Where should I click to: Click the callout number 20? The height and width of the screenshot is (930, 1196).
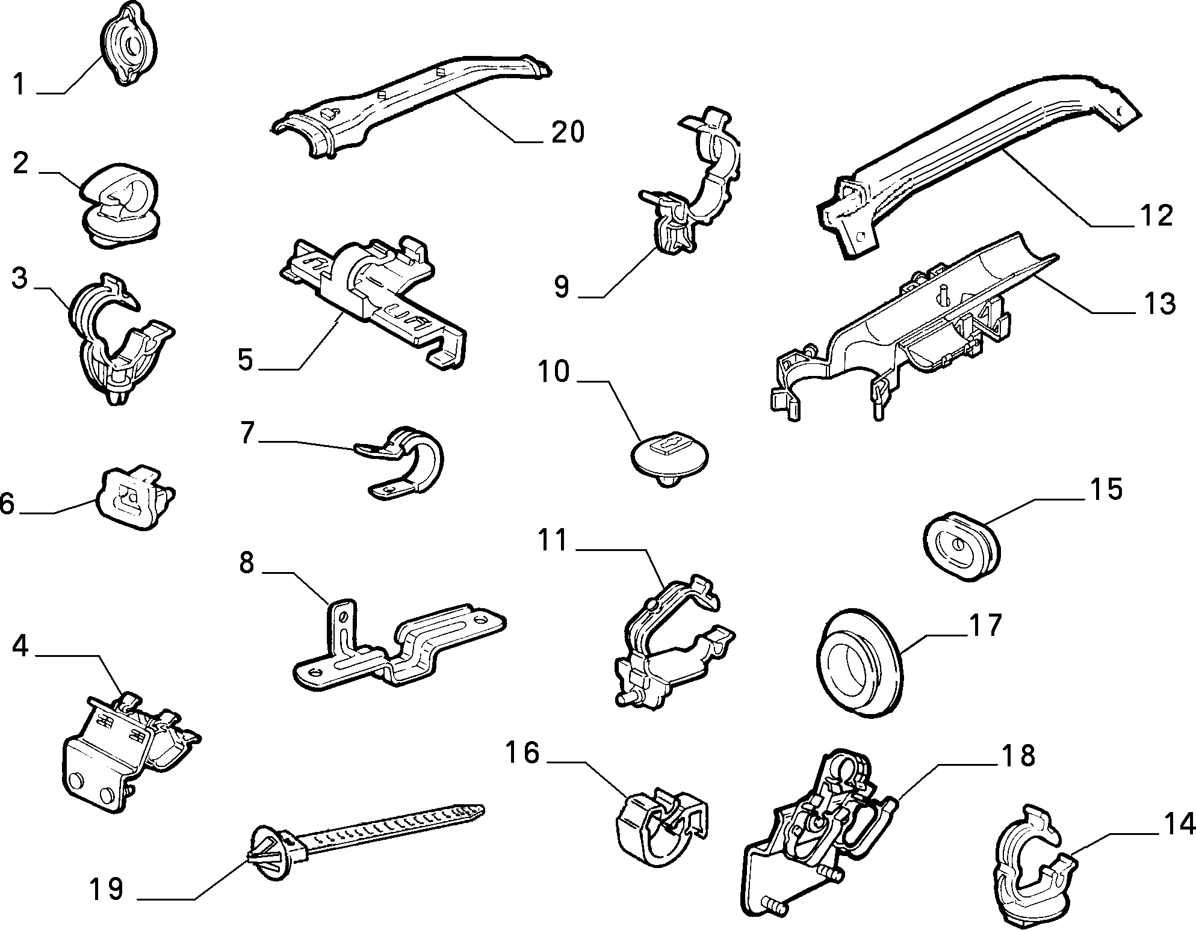click(x=567, y=132)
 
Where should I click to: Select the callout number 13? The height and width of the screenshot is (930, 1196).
click(x=1159, y=303)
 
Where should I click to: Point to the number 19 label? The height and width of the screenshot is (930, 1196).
click(x=107, y=889)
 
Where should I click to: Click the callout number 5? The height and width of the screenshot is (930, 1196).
click(x=246, y=360)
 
